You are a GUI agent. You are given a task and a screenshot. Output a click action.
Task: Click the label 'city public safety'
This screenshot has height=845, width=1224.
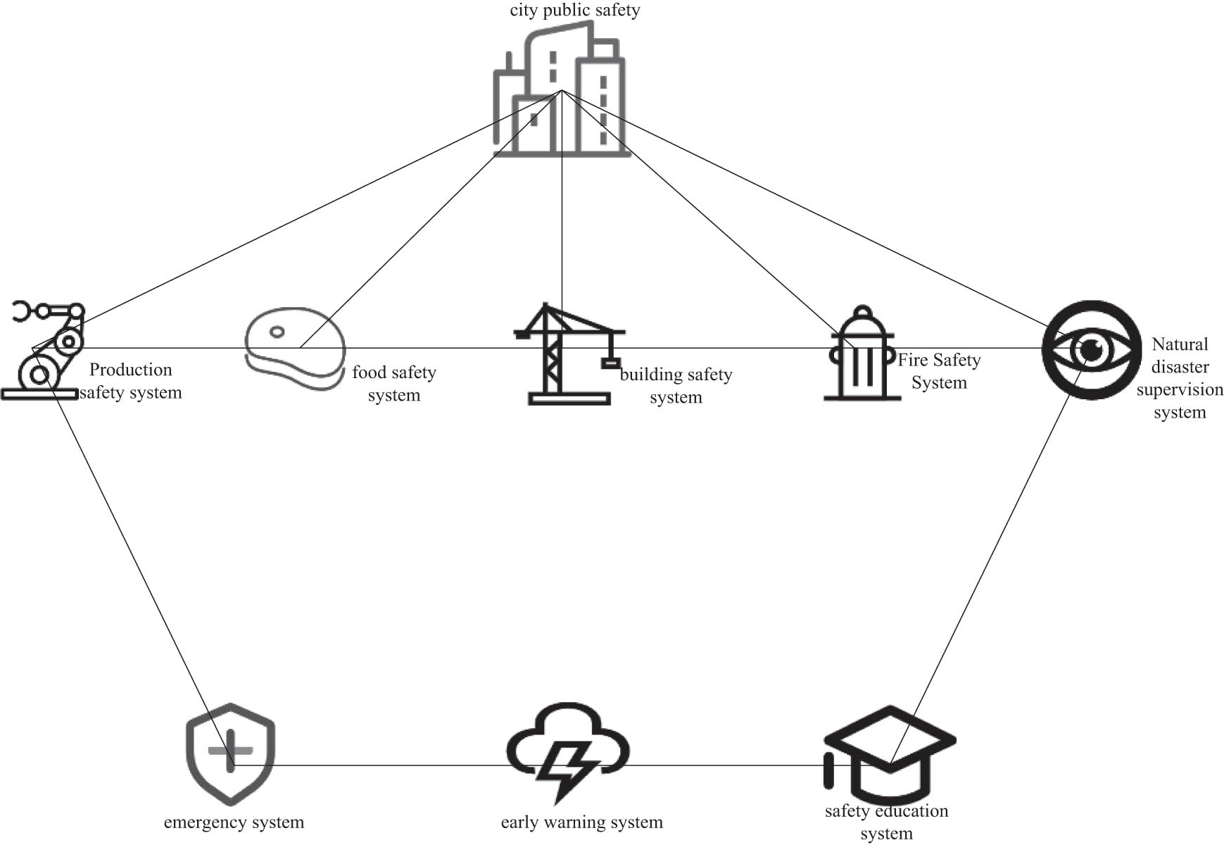click(x=575, y=11)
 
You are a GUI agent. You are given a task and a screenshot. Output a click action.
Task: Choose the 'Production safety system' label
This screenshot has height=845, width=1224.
click(x=131, y=381)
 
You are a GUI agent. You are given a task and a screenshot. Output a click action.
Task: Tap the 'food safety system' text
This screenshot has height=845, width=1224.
click(x=394, y=384)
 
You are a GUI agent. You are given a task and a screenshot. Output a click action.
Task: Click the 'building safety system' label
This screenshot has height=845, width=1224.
click(x=676, y=386)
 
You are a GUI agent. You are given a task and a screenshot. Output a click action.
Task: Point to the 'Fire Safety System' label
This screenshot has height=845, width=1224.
click(x=939, y=371)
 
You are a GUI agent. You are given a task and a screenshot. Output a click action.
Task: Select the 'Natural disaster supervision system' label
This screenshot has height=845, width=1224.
click(x=1180, y=378)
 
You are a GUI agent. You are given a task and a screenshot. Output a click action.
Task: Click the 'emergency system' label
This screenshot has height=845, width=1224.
click(x=234, y=822)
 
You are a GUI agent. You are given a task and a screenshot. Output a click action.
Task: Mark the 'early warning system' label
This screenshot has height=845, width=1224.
click(x=581, y=822)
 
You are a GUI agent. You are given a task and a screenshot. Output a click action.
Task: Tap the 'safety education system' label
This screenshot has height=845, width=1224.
click(x=886, y=822)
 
